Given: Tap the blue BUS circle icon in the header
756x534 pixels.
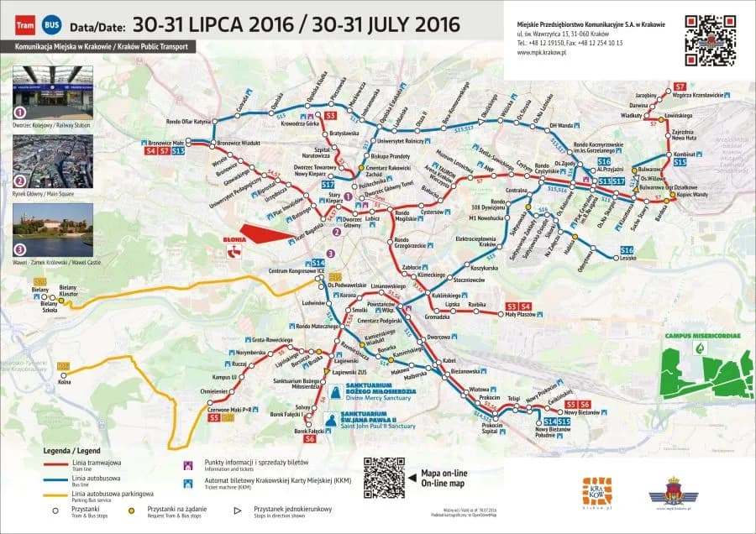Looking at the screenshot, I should [52, 25].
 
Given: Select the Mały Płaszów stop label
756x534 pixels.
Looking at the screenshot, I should [518, 316].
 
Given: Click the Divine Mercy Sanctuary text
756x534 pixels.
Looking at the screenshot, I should [379, 400].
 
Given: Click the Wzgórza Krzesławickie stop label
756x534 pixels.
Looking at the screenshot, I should [697, 95].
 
